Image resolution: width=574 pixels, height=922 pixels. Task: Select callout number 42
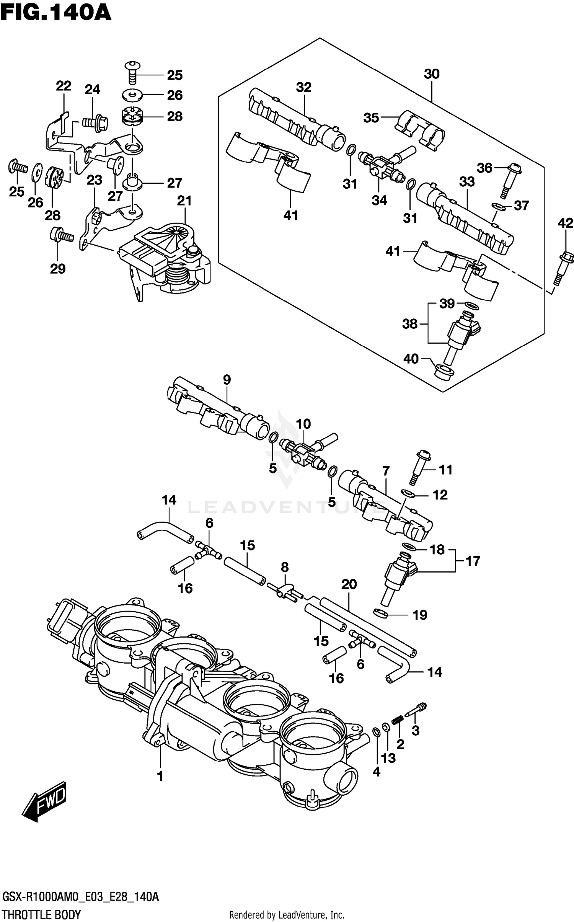[566, 223]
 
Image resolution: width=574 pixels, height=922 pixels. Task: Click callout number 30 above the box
[432, 74]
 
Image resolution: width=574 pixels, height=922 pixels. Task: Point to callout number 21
[184, 201]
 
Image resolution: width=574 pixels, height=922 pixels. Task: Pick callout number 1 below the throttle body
[160, 776]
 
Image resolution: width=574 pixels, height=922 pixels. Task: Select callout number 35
[371, 117]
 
